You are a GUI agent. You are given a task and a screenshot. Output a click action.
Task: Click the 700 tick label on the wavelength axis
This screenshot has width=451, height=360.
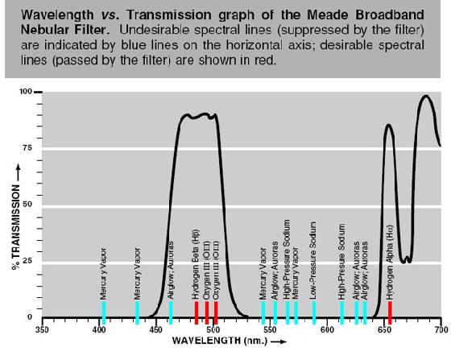[x=441, y=329]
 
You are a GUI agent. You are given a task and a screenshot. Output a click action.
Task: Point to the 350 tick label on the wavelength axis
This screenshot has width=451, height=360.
[x=42, y=329]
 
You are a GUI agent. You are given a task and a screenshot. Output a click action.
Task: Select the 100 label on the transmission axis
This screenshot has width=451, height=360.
[x=25, y=92]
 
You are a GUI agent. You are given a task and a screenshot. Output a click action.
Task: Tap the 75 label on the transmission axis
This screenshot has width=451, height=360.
[x=27, y=148]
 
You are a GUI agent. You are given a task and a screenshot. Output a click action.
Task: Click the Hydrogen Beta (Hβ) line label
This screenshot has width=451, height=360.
[x=196, y=264]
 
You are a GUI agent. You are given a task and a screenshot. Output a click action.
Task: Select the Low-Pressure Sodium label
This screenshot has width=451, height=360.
[x=313, y=260]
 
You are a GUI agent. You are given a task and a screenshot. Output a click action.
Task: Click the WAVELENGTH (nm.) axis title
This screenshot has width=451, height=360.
[x=220, y=341]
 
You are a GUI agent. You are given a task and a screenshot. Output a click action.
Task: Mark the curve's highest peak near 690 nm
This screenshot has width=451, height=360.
[x=426, y=96]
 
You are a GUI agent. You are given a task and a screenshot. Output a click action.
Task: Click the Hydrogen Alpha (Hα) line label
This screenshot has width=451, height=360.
[x=390, y=263]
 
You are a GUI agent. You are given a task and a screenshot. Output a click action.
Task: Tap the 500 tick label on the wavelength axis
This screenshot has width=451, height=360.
[x=213, y=329]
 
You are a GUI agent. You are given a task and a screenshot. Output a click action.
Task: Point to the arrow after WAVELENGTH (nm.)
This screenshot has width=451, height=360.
[x=279, y=341]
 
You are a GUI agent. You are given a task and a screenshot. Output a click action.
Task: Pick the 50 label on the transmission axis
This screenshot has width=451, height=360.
[x=27, y=204]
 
